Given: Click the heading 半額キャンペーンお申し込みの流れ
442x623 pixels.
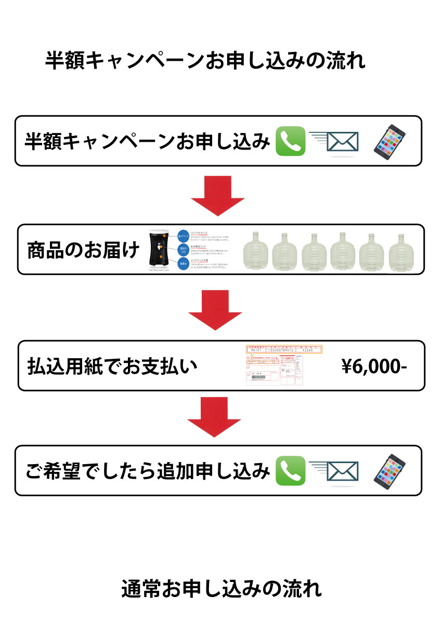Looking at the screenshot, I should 205,61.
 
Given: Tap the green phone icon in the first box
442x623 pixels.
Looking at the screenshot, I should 290,141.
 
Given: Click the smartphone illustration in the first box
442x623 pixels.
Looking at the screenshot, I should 389,140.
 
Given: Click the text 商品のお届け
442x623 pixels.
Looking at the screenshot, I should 83,250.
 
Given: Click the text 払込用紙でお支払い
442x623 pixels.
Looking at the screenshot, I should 112,367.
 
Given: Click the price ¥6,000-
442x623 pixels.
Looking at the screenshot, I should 374,367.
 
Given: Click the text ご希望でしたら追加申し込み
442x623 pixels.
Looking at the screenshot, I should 148,470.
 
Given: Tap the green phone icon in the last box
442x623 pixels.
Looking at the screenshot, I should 290,470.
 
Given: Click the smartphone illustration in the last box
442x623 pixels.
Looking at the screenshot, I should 389,470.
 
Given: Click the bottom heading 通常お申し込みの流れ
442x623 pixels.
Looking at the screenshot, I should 221,589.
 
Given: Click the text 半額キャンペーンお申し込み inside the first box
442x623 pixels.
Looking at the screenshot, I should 148,141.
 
